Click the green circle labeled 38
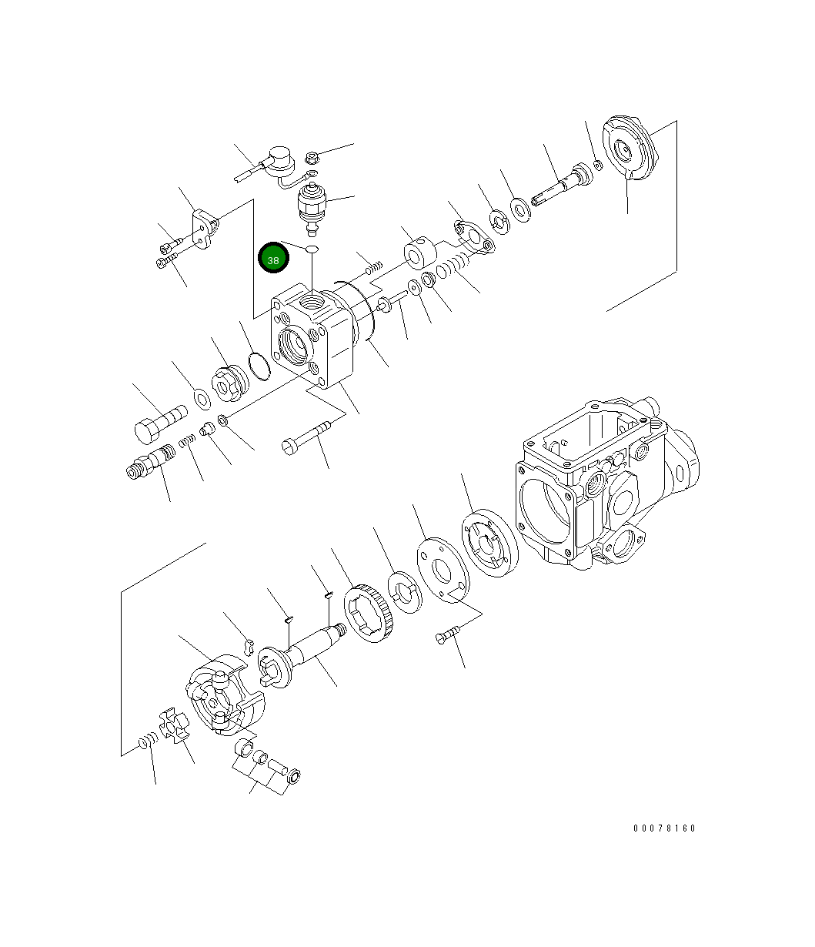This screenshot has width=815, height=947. pos(273,259)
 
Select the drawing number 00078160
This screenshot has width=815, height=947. pos(664,828)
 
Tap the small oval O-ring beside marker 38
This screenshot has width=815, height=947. pos(312,249)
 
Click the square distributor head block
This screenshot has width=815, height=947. pos(312,336)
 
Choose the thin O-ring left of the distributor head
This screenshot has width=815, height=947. pos(260,365)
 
